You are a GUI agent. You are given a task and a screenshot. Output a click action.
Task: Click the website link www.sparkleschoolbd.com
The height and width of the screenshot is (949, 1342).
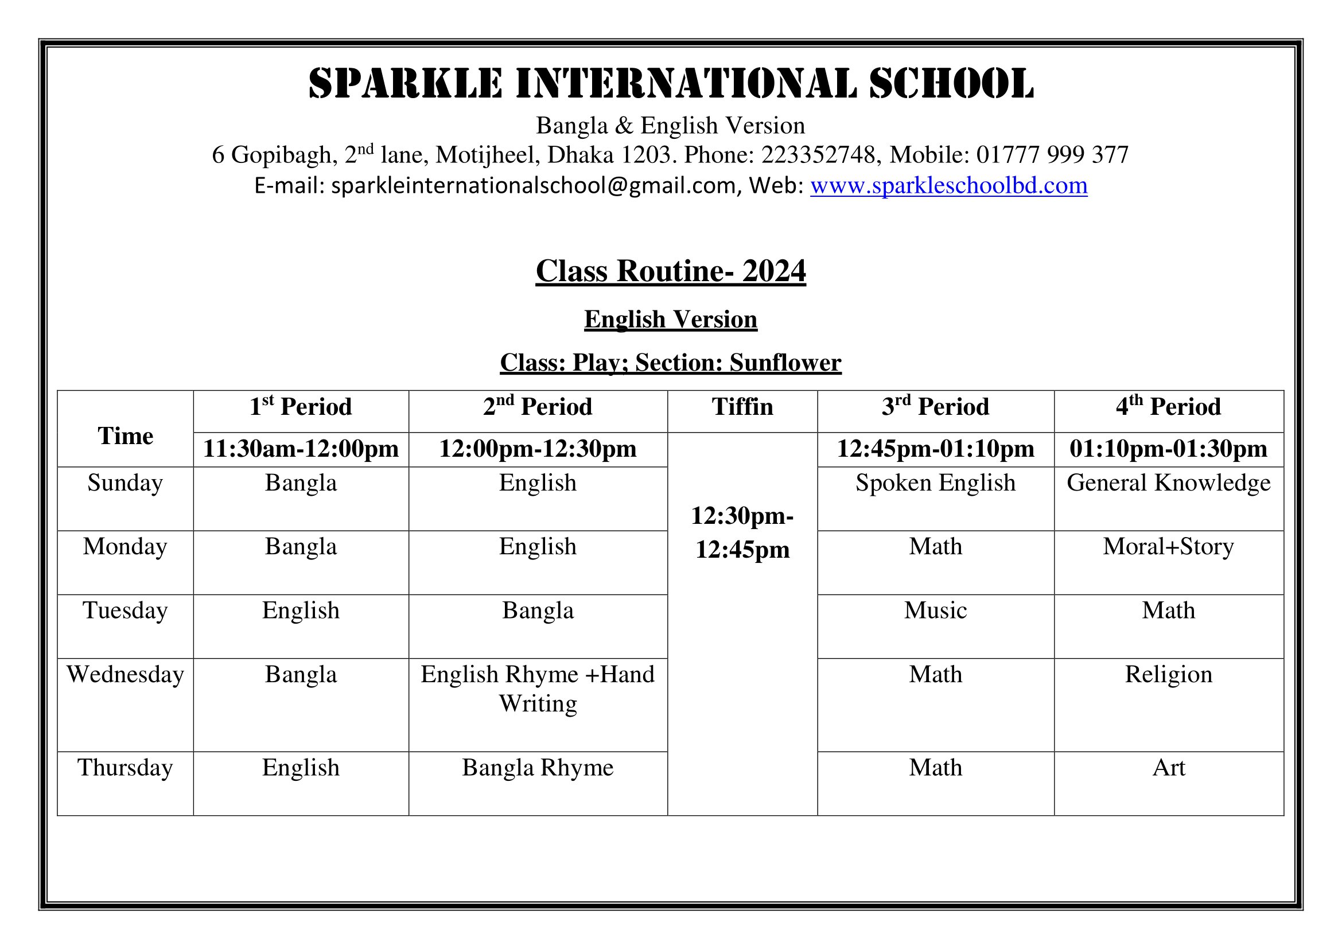pyautogui.click(x=948, y=186)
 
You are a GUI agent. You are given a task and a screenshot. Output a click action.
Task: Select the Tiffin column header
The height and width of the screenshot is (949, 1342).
pyautogui.click(x=742, y=407)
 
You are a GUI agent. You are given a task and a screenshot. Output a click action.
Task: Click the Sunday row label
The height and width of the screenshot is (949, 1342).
pyautogui.click(x=125, y=483)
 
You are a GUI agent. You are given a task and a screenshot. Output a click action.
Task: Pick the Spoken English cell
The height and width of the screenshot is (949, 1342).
pyautogui.click(x=935, y=483)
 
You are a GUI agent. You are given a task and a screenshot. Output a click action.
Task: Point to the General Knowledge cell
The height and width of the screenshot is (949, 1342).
pyautogui.click(x=1168, y=483)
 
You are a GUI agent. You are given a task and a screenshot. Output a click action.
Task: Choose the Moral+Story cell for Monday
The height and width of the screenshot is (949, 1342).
pyautogui.click(x=1168, y=547)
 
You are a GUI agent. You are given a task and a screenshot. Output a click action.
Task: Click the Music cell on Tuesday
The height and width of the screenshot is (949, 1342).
pyautogui.click(x=935, y=610)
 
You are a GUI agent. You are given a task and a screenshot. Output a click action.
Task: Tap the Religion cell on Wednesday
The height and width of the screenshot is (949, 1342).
pyautogui.click(x=1168, y=675)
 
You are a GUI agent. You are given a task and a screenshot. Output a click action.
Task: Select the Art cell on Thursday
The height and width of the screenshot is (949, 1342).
pyautogui.click(x=1168, y=768)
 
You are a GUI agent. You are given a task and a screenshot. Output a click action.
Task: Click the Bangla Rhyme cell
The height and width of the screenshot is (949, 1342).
pyautogui.click(x=538, y=768)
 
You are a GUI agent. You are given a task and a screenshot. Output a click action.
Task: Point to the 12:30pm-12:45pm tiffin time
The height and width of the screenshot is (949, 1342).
pyautogui.click(x=742, y=532)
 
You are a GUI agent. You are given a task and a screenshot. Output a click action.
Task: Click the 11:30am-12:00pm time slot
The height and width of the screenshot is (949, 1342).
pyautogui.click(x=301, y=449)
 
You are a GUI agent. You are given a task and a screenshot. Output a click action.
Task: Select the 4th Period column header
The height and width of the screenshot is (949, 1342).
pyautogui.click(x=1168, y=407)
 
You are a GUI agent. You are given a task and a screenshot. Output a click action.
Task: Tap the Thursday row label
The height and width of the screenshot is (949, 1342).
pyautogui.click(x=125, y=768)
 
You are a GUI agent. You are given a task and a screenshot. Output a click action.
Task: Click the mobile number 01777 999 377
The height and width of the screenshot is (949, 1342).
pyautogui.click(x=1052, y=155)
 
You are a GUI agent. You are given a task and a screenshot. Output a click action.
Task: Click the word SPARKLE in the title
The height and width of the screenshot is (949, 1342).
pyautogui.click(x=405, y=83)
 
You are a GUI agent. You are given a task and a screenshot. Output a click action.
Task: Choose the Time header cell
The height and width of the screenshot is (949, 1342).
pyautogui.click(x=125, y=436)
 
